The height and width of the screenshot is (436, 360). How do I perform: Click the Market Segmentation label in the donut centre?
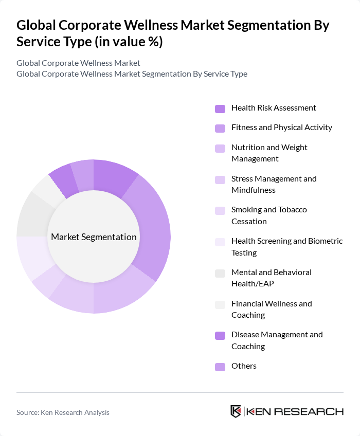click(x=94, y=237)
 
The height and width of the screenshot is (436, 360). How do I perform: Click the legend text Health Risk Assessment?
click(x=274, y=108)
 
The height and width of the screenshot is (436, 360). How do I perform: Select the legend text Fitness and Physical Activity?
click(x=282, y=128)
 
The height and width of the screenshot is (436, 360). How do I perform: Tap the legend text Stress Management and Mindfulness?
click(x=274, y=185)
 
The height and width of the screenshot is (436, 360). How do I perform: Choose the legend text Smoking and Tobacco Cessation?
click(x=269, y=215)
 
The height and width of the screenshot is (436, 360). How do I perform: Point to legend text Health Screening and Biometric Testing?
click(x=286, y=247)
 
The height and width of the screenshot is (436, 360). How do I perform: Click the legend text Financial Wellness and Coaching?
click(x=272, y=309)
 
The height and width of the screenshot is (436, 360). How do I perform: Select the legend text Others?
click(x=244, y=366)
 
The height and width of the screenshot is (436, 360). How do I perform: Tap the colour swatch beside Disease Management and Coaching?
click(x=220, y=336)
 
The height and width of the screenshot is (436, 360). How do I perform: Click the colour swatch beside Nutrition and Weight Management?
click(x=220, y=149)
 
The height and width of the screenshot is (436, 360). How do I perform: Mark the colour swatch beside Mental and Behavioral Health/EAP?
click(x=220, y=274)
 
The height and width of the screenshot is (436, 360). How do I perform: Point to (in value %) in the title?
click(x=131, y=42)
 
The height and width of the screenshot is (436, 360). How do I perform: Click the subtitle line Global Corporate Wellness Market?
click(x=78, y=63)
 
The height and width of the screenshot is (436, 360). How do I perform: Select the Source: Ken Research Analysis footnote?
click(x=63, y=412)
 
